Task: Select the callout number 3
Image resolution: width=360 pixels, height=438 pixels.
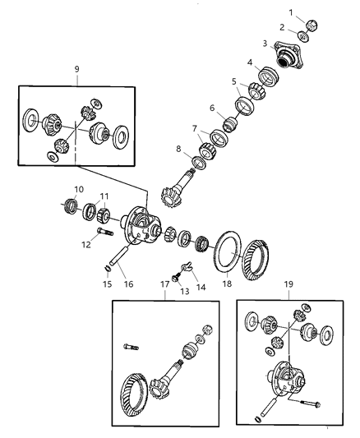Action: coord(265,44)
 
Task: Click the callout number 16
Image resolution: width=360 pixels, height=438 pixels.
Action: coord(127,284)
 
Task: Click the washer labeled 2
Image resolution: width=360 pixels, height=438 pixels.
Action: coord(303,36)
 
